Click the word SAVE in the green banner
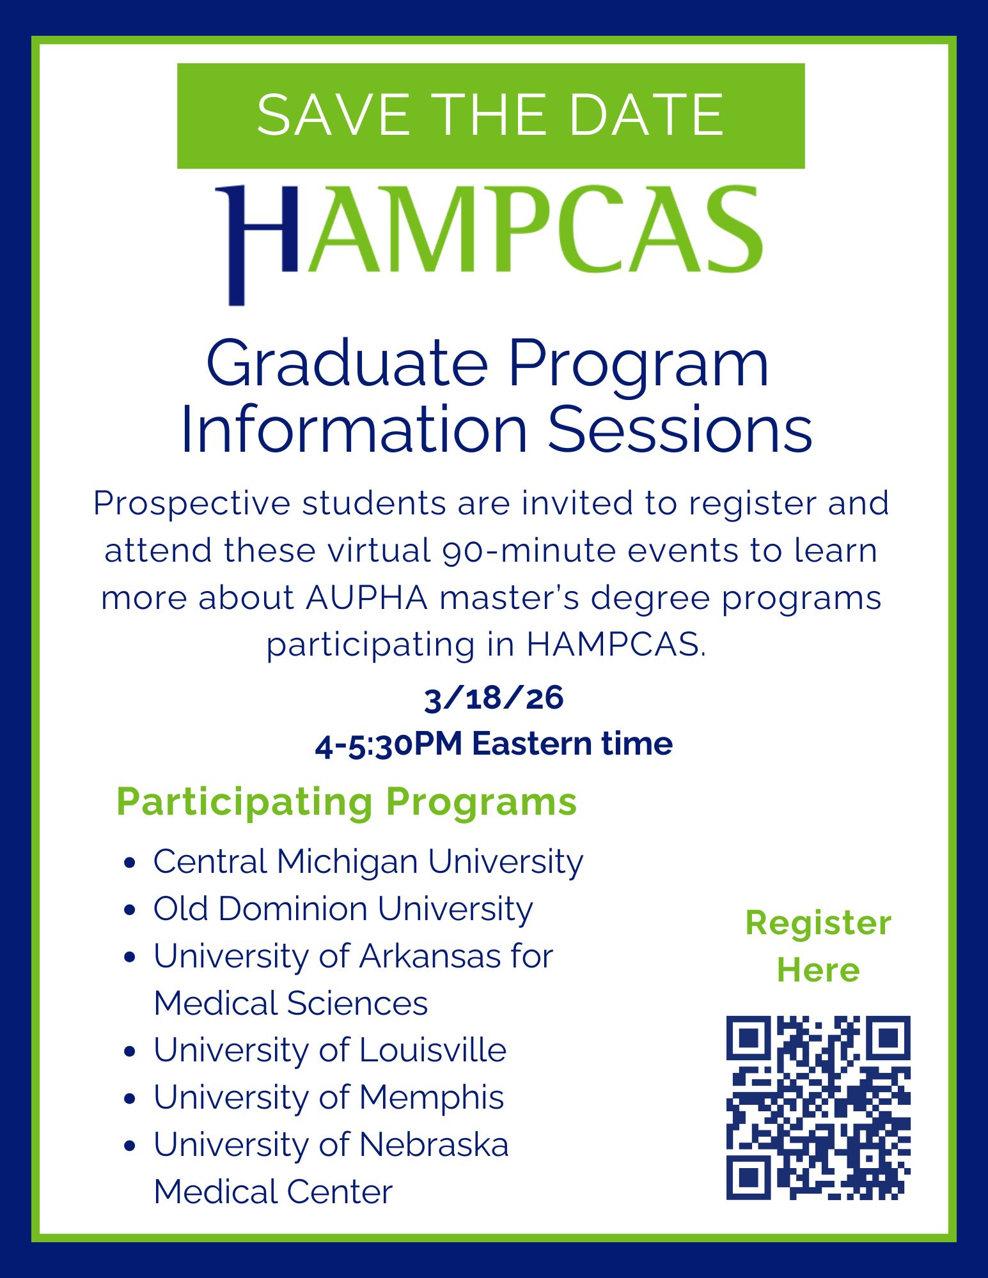(x=333, y=115)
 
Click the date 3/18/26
(x=494, y=697)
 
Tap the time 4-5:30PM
(x=389, y=744)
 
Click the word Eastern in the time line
(x=532, y=744)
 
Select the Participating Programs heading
(x=347, y=802)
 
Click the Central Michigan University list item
(x=368, y=862)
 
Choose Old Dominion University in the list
(x=343, y=909)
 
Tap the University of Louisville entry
(x=330, y=1051)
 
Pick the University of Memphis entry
(x=329, y=1098)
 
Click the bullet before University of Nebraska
(x=130, y=1146)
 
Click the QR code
(x=819, y=1107)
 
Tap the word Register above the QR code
(x=819, y=924)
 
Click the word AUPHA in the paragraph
(x=367, y=598)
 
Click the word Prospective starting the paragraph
(x=192, y=504)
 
